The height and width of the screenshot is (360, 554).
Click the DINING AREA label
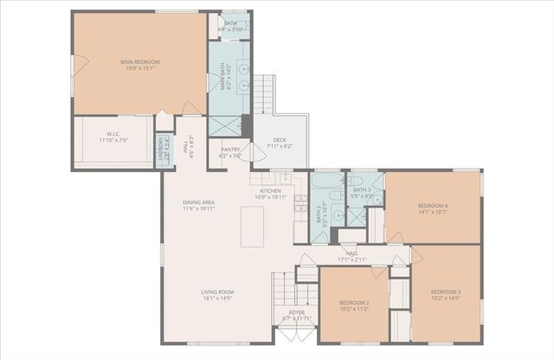(198, 202)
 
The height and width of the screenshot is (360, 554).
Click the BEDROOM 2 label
(354, 302)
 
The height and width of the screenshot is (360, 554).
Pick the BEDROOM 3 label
(446, 292)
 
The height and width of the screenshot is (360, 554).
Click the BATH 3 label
(362, 190)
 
